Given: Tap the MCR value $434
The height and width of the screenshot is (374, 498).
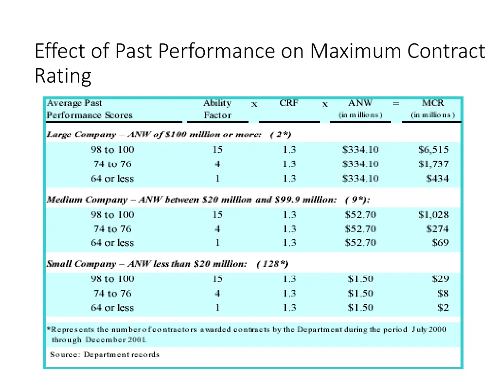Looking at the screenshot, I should [x=437, y=178].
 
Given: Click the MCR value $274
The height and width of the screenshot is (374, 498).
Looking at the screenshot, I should [x=437, y=229].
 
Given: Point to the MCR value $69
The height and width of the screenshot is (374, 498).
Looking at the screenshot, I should [x=440, y=243].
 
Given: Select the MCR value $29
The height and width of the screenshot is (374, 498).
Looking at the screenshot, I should [x=440, y=279].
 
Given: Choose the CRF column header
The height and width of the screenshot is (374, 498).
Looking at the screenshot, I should [x=289, y=103].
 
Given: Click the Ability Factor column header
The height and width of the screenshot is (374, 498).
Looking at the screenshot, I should [x=217, y=109].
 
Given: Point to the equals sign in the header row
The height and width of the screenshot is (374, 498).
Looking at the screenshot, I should [x=396, y=104].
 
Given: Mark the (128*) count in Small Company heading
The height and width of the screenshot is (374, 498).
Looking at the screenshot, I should [x=272, y=264].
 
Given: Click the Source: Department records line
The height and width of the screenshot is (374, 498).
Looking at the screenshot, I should [x=105, y=354].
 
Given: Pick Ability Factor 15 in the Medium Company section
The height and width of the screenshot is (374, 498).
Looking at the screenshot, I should [x=217, y=215].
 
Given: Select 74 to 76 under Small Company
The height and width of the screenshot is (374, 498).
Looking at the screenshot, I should [x=112, y=293].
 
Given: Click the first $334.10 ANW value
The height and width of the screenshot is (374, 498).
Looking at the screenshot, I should [x=360, y=150].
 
